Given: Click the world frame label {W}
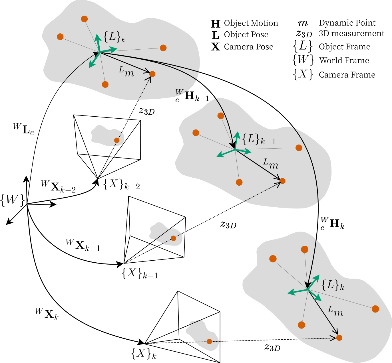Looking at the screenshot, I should click(13, 200).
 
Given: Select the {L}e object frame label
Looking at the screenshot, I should click(114, 37).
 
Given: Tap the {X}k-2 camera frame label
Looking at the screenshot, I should click(121, 184).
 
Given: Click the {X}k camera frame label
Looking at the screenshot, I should click(144, 354).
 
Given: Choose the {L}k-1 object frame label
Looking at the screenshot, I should click(259, 139).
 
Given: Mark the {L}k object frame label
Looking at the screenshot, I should click(333, 285).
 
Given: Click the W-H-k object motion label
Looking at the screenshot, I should click(332, 224).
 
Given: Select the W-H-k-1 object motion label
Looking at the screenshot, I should click(192, 96).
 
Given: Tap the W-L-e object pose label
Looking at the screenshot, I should click(23, 129).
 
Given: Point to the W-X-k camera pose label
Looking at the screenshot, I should click(47, 314).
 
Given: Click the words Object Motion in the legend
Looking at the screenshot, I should click(251, 23).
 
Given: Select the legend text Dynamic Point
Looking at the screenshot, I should click(347, 23).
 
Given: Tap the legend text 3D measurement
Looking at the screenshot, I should click(351, 33).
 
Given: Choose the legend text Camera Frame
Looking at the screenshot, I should click(347, 75).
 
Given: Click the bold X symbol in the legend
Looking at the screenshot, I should click(215, 47).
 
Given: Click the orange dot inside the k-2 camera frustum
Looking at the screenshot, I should click(116, 140).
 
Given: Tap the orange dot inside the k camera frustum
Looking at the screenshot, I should click(209, 341).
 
